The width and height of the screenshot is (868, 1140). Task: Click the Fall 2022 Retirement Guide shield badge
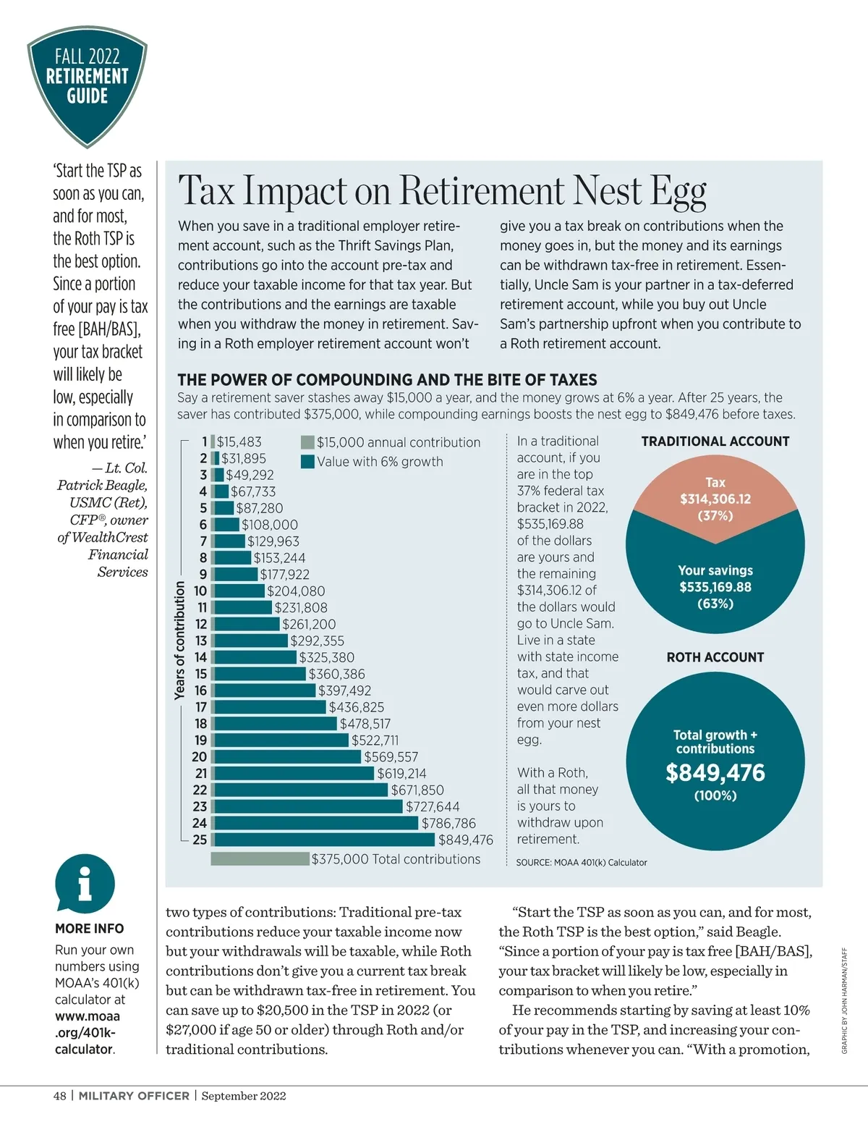point(88,83)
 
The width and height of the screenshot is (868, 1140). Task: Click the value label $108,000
point(269,525)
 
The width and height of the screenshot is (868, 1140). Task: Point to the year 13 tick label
point(201,641)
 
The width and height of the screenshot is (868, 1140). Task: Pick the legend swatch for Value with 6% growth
point(307,461)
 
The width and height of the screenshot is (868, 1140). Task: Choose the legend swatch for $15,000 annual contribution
point(307,442)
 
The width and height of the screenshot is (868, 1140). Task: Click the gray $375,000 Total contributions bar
point(260,859)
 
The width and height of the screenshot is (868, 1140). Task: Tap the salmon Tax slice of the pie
point(715,499)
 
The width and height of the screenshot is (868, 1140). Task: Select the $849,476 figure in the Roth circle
point(715,773)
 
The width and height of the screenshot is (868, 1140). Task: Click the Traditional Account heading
point(715,442)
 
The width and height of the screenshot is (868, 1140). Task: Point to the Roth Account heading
point(715,657)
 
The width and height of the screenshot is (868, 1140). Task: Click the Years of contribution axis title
point(180,641)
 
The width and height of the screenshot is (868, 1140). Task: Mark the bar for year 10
point(239,591)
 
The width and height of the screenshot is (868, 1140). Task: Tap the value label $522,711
point(375,740)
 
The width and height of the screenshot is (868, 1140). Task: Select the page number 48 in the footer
point(59,1096)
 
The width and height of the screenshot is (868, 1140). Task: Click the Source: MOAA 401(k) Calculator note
point(581,863)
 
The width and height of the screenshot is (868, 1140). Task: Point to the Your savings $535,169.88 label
point(715,587)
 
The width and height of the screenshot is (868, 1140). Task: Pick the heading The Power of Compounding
point(387,380)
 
